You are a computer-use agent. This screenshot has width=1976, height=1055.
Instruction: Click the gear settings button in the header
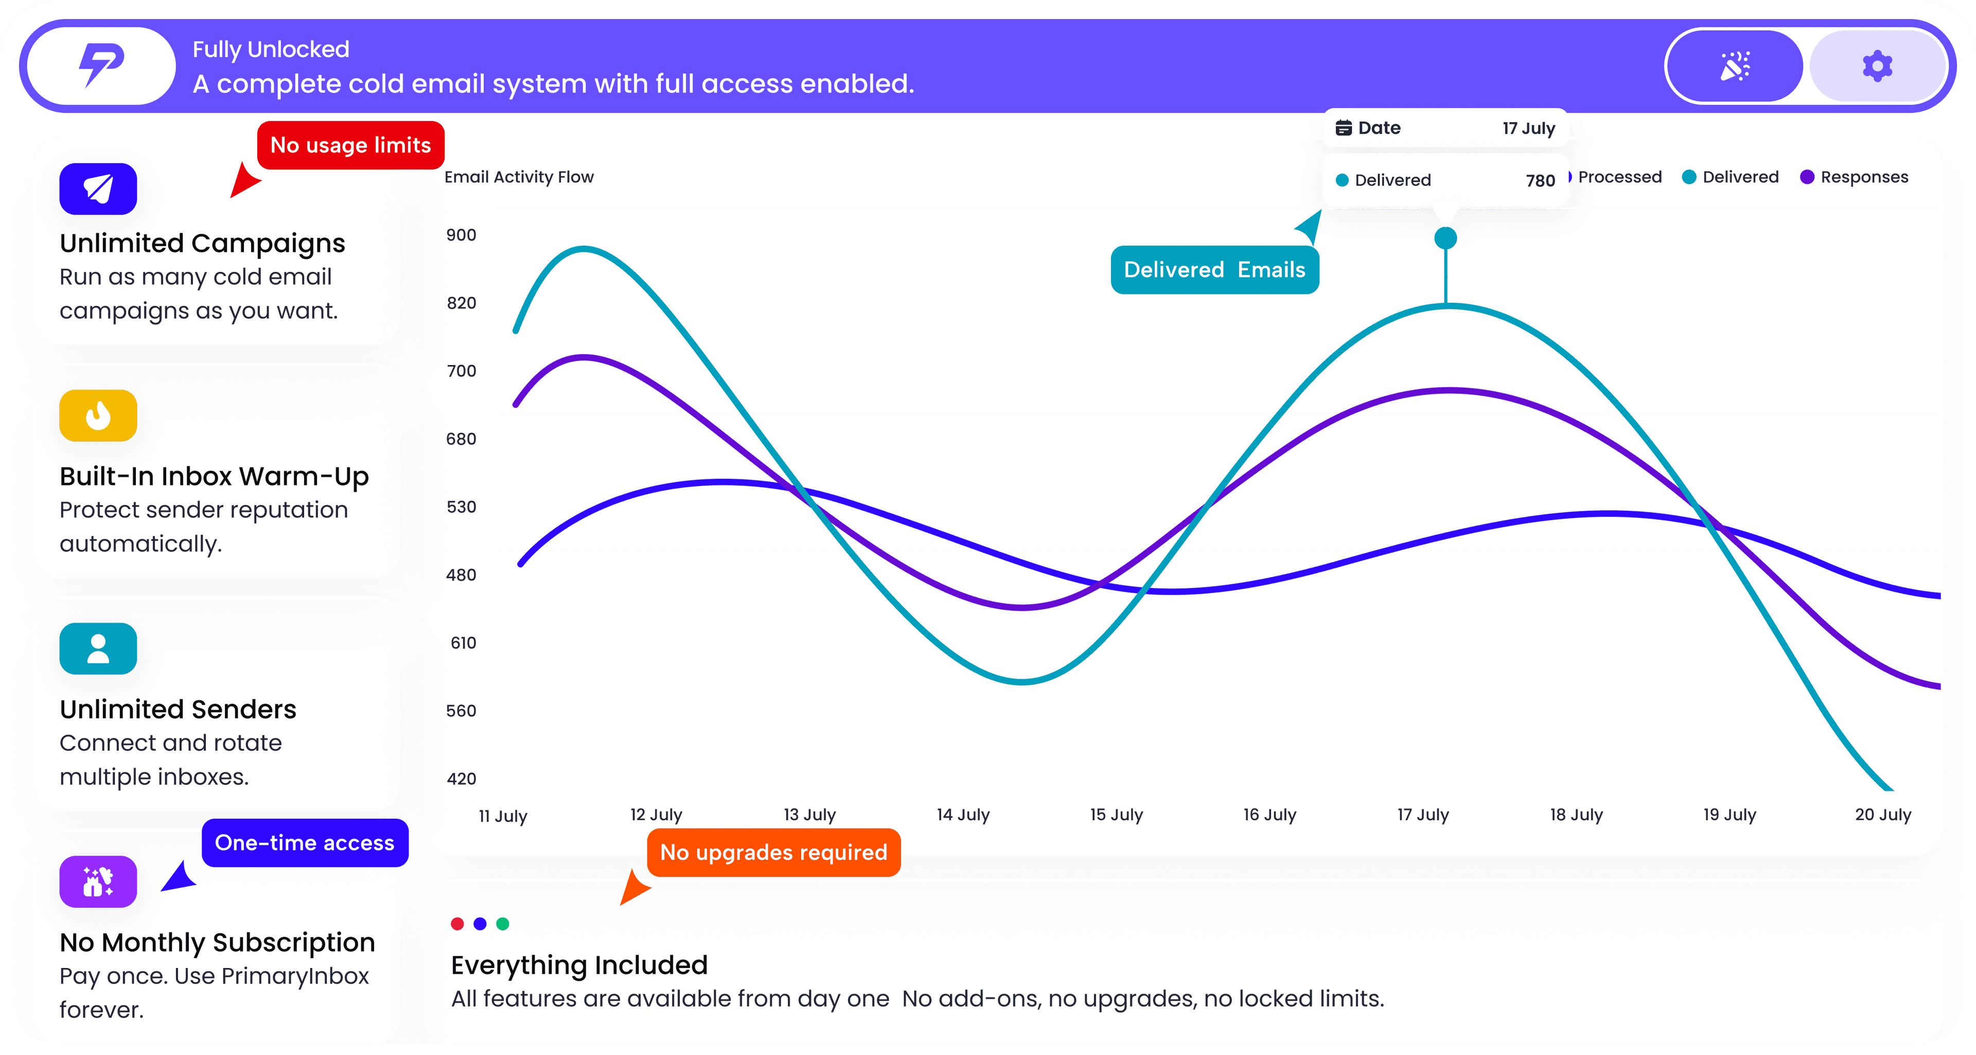tap(1877, 66)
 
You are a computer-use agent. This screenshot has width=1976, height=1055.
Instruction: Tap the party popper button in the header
tap(1734, 66)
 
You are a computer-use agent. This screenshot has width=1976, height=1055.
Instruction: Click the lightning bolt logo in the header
tap(101, 65)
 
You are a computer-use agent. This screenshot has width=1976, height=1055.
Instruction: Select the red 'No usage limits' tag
tap(350, 145)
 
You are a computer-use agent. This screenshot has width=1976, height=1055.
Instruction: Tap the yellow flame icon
tap(98, 416)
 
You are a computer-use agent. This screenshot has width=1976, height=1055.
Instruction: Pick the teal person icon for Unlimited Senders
tap(98, 649)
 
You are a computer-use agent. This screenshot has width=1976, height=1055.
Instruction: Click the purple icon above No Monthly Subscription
tap(98, 881)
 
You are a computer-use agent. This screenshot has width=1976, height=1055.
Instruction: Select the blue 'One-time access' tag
tap(305, 842)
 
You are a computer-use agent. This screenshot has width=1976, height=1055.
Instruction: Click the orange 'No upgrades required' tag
tap(773, 853)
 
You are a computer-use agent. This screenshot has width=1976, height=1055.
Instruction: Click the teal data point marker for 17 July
tap(1445, 238)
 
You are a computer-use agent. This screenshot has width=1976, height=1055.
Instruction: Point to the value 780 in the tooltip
tap(1540, 180)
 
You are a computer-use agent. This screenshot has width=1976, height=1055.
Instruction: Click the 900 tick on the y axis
tap(461, 235)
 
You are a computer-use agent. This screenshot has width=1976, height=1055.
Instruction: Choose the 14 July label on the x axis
tap(963, 815)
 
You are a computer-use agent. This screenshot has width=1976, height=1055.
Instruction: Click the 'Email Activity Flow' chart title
tap(519, 177)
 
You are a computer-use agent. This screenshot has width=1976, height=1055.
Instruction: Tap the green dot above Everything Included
tap(502, 924)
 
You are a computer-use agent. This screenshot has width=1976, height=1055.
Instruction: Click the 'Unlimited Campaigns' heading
tap(203, 243)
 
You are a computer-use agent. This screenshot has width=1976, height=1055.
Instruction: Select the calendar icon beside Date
tap(1343, 128)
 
